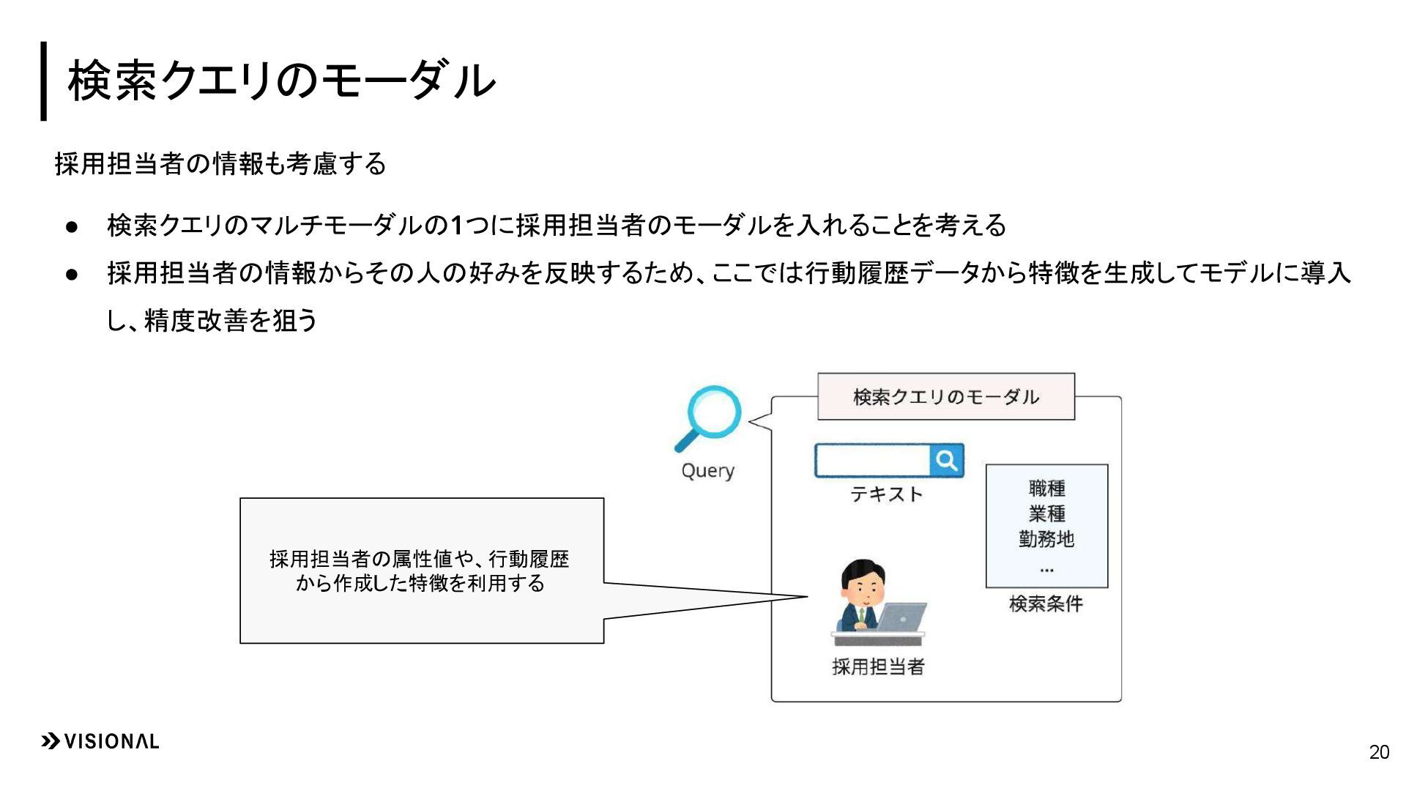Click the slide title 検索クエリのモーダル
281,81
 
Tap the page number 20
1379,752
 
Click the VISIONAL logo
100,741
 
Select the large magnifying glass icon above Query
710,417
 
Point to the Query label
707,470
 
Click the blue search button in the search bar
946,460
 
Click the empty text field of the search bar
872,460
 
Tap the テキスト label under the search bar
887,494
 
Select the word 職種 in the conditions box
1046,488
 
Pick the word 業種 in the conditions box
1046,513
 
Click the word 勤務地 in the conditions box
1046,539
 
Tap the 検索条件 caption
1046,604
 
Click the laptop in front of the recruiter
901,617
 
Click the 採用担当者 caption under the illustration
878,666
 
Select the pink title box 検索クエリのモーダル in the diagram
945,397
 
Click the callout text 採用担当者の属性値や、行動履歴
419,560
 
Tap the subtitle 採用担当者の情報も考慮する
220,163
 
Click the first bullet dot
72,226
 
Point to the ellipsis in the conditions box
1046,569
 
